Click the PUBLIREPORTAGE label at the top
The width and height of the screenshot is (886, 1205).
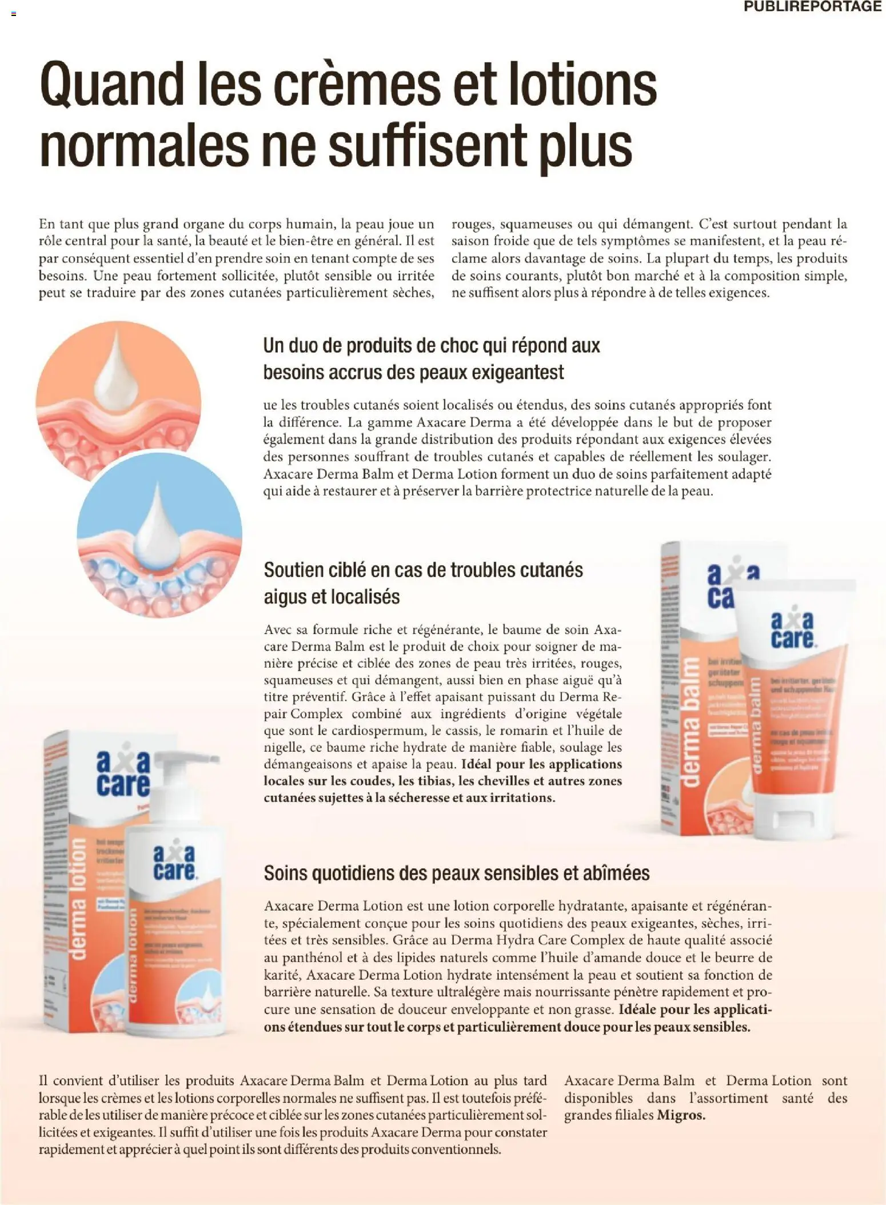(x=813, y=7)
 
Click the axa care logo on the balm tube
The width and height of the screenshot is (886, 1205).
(x=792, y=631)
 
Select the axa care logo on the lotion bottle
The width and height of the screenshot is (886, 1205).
(x=174, y=863)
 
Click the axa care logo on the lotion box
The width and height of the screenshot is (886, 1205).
(x=122, y=775)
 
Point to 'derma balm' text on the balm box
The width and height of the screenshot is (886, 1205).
(x=690, y=725)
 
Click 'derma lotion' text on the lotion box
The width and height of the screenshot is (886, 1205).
(x=78, y=898)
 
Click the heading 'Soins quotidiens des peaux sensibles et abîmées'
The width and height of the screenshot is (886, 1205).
(x=456, y=873)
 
